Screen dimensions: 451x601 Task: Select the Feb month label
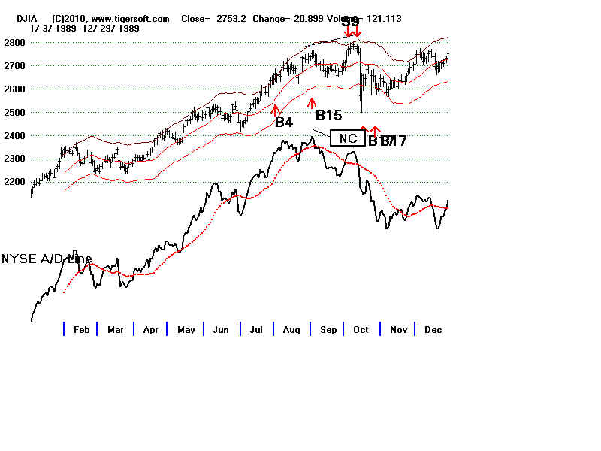(x=81, y=329)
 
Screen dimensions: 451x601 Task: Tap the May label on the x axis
(x=186, y=329)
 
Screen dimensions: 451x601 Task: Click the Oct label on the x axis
(x=361, y=329)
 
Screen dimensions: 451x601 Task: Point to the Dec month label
(x=433, y=329)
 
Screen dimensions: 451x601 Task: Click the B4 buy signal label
(x=283, y=122)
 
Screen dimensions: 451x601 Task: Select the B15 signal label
(x=328, y=115)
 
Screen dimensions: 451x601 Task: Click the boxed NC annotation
(x=348, y=138)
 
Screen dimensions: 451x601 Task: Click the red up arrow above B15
(x=312, y=102)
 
